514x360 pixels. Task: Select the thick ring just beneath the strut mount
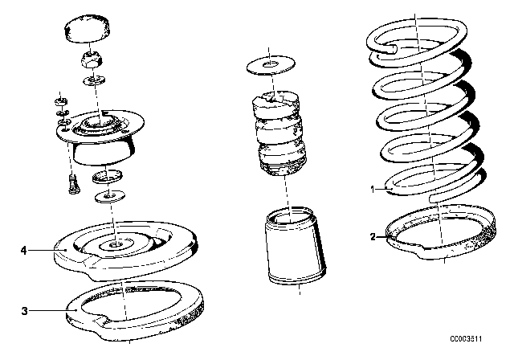(x=110, y=176)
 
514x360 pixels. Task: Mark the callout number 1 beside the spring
(x=372, y=190)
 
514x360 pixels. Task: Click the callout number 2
(x=372, y=237)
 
